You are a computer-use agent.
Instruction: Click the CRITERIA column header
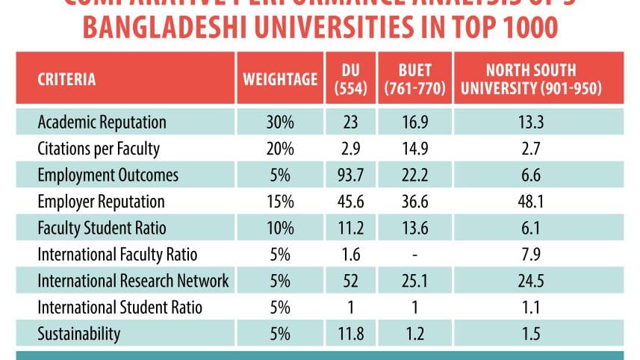coord(66,79)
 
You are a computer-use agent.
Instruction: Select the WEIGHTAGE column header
coord(280,79)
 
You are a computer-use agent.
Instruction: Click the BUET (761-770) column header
coord(414,79)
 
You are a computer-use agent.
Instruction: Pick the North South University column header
coord(531,79)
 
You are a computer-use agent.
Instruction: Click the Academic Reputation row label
coord(102,122)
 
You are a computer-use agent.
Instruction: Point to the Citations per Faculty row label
coord(99,149)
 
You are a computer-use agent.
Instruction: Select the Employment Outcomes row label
coord(108,175)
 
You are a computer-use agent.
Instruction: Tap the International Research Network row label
coord(133,281)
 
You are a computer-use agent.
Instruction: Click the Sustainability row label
coord(78,334)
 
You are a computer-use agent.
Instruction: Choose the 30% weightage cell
coord(280,122)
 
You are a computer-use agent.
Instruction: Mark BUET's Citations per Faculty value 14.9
coord(414,149)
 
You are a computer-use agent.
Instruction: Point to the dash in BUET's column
coord(414,255)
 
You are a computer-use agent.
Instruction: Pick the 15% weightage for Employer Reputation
coord(280,202)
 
